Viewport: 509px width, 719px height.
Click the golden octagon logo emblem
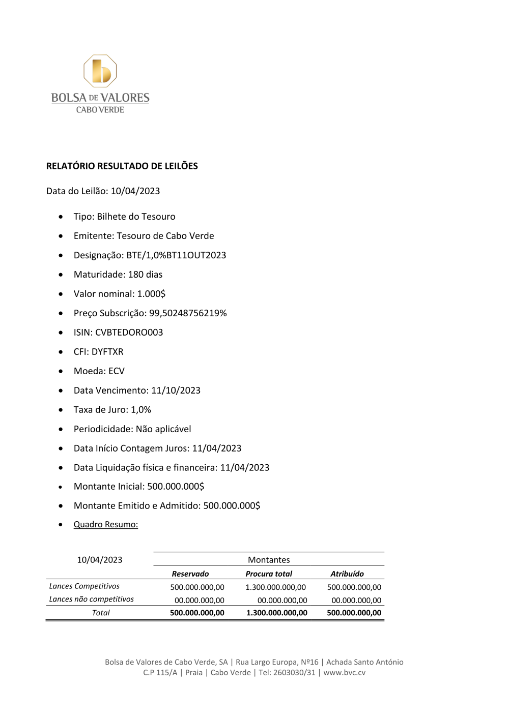click(x=100, y=71)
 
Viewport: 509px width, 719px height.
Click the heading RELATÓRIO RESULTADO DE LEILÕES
click(x=122, y=166)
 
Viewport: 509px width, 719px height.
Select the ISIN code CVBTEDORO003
click(x=129, y=332)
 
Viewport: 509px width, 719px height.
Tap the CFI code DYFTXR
click(x=107, y=351)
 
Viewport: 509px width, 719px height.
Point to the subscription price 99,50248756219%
click(x=188, y=313)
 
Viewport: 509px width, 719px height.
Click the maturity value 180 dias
click(x=145, y=274)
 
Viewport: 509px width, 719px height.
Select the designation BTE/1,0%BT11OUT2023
click(x=176, y=255)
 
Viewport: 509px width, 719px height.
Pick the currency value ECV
click(x=117, y=371)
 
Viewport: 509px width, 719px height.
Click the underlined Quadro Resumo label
click(x=105, y=524)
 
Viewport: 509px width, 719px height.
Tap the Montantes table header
click(x=269, y=559)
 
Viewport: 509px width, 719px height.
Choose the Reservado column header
click(x=190, y=574)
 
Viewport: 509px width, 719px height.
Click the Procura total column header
click(x=269, y=574)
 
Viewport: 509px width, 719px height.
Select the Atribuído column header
click(x=347, y=574)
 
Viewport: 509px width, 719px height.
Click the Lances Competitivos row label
click(x=84, y=586)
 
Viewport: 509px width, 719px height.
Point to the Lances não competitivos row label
click(x=91, y=599)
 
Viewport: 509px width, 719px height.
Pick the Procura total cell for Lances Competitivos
click(x=275, y=587)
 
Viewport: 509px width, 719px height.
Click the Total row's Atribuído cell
click(x=354, y=613)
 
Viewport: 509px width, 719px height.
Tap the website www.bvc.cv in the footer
click(x=344, y=672)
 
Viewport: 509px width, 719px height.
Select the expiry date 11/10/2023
click(x=176, y=390)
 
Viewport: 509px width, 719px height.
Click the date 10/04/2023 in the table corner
click(x=99, y=559)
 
